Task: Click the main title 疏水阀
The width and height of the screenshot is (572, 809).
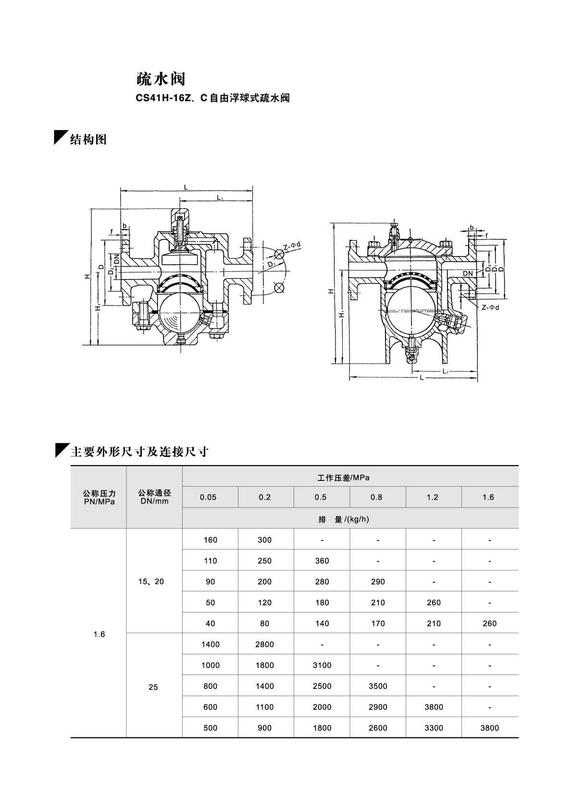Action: pos(160,79)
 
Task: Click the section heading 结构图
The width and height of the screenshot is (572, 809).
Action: pos(88,140)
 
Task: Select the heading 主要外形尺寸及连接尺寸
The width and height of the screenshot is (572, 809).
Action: pos(139,452)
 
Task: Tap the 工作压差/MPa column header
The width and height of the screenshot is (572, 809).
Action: pos(350,478)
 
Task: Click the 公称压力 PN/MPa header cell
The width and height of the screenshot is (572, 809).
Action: pos(99,497)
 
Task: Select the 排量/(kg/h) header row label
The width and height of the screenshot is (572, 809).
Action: pos(350,519)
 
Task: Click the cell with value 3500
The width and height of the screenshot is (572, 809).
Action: pos(378,686)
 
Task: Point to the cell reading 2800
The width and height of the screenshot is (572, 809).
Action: pos(264,644)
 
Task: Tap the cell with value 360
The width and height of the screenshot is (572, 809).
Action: pos(322,561)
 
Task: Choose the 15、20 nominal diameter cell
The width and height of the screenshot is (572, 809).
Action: pos(151,581)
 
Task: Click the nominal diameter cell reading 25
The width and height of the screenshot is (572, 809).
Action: pos(153,687)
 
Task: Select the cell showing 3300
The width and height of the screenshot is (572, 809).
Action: pos(434,728)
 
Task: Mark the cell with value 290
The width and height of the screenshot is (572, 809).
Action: pos(378,581)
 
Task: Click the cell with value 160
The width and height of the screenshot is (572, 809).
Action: pos(210,540)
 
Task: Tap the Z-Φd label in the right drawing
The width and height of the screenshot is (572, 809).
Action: pos(490,307)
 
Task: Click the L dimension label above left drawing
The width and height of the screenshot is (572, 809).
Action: pos(186,187)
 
